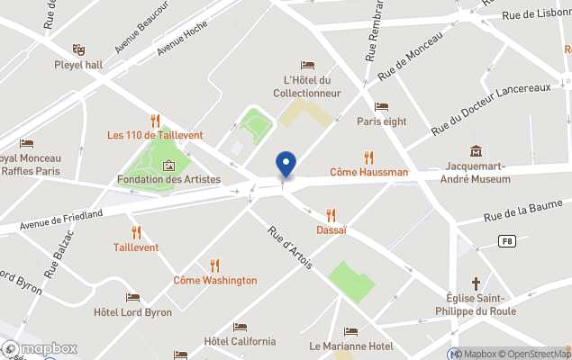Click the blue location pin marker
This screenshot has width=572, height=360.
pos(286,165)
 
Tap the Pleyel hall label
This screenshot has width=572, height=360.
pos(78,65)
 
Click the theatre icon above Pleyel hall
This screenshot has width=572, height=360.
pos(78,49)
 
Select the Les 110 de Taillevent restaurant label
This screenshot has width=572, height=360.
pos(155,135)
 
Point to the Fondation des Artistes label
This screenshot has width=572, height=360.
pos(168,179)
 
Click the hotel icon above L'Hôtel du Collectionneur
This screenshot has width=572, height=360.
pos(307,66)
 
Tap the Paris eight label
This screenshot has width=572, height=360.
pos(381,121)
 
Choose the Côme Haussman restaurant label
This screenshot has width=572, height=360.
pos(368,172)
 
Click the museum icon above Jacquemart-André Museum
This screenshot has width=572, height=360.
pos(476,150)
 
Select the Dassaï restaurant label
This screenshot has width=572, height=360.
pos(331,229)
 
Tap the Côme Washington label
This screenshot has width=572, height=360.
pos(214,280)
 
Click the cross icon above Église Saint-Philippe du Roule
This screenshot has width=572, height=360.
pos(476,283)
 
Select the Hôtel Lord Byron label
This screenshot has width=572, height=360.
pos(132,312)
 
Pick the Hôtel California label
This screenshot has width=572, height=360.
pos(240,341)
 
